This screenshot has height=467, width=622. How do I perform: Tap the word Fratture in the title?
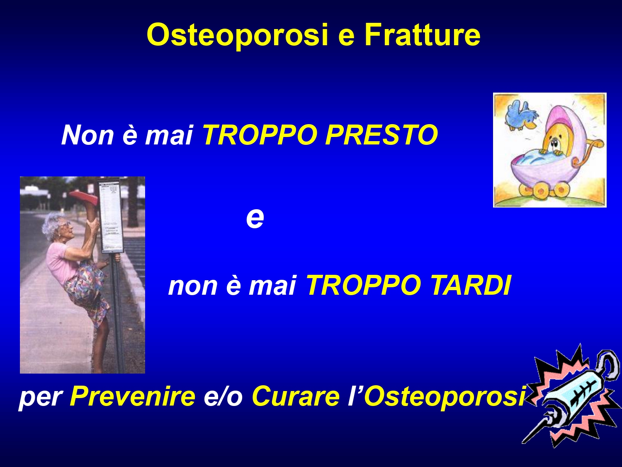422,34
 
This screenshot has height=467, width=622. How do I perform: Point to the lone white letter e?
255,218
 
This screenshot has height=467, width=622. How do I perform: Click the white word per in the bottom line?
40,399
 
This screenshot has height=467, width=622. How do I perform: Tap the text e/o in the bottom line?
223,396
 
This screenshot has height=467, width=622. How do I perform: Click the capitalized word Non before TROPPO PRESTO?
87,135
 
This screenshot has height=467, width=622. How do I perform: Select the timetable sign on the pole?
111,217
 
